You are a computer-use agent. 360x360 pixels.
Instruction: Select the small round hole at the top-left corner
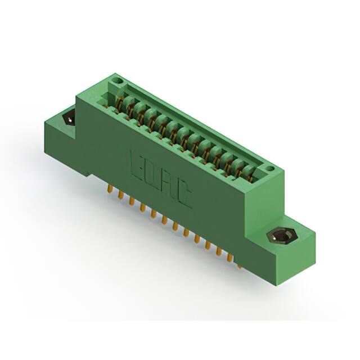click(118, 82)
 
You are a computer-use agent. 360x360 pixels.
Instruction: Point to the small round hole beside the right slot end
click(271, 168)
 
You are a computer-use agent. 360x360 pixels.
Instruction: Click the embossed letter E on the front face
click(137, 163)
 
